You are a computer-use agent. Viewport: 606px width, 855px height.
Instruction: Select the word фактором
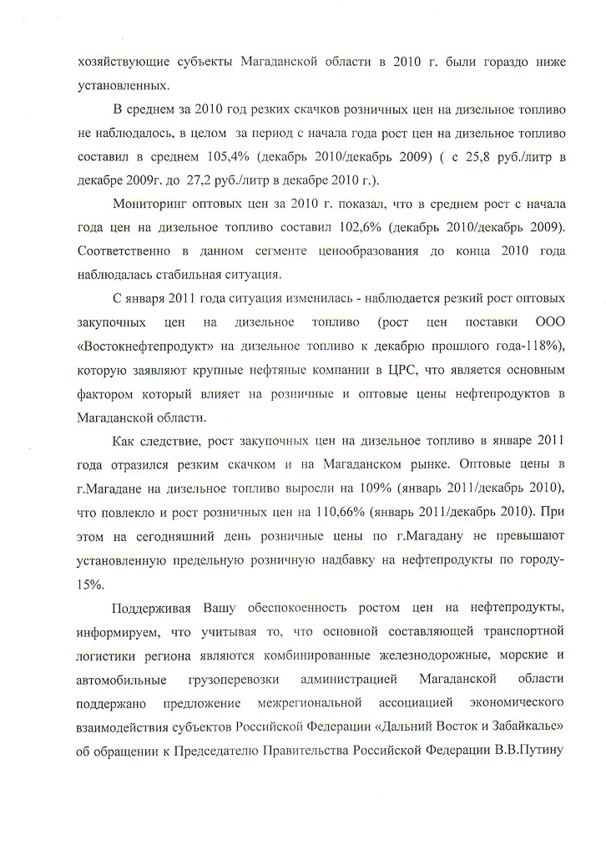(x=105, y=391)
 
